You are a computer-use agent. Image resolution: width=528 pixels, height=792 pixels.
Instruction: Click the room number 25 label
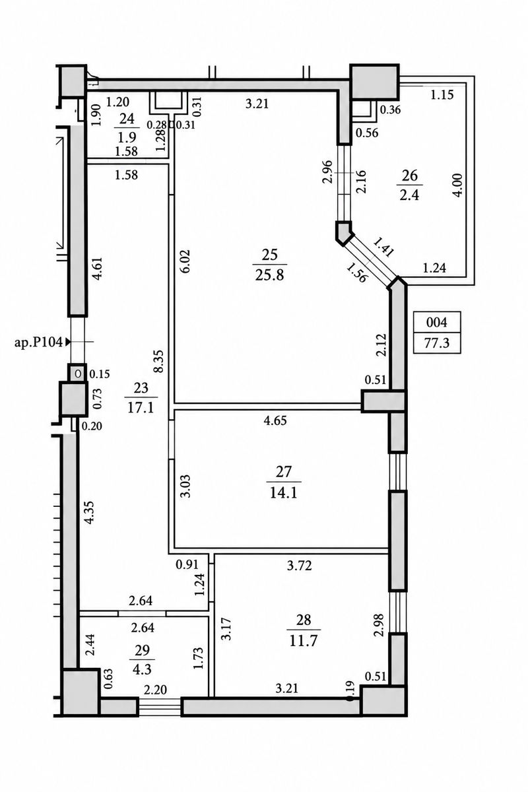click(269, 255)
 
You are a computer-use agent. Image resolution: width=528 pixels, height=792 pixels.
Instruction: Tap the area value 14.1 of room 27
click(284, 493)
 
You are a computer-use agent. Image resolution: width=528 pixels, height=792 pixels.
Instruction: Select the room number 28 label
click(304, 620)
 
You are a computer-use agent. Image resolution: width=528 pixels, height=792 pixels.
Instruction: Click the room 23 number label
click(141, 388)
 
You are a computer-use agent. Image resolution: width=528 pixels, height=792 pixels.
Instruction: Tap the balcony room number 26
click(409, 176)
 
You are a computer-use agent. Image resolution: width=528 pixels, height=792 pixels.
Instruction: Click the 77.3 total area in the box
click(437, 343)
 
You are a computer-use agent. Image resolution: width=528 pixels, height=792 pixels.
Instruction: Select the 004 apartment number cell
click(437, 322)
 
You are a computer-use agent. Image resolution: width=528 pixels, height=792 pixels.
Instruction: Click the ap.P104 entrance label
click(38, 342)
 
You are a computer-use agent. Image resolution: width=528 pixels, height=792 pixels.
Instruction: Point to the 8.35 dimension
click(160, 361)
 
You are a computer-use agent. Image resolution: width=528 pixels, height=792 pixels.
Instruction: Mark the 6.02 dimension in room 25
click(186, 261)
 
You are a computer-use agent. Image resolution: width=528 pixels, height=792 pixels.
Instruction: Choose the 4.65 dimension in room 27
click(275, 421)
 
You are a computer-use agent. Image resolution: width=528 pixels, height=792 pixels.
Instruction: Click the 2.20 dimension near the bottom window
click(156, 690)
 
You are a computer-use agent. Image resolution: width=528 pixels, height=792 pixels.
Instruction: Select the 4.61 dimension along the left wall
click(98, 269)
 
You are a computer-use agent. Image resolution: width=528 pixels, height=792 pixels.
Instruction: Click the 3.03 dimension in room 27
click(186, 486)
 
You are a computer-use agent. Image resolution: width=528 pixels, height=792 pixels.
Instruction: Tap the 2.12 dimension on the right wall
click(381, 345)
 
